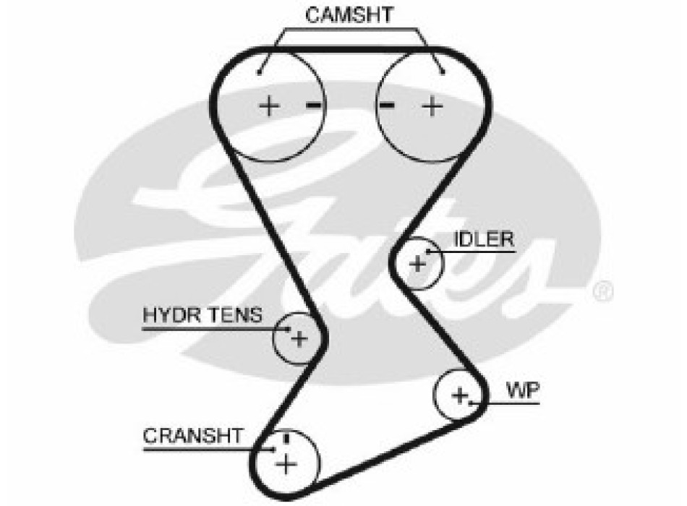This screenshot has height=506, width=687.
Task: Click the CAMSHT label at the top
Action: [349, 15]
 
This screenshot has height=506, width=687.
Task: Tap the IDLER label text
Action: [484, 239]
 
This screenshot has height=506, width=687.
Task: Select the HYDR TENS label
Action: [202, 315]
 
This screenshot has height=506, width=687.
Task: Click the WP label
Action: [522, 390]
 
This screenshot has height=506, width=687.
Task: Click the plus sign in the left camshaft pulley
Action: [269, 107]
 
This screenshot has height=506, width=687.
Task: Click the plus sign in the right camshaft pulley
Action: [432, 107]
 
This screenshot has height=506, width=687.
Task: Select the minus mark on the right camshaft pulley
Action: [387, 106]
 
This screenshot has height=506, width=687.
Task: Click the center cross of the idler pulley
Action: [417, 264]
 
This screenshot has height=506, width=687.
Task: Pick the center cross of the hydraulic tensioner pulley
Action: [299, 338]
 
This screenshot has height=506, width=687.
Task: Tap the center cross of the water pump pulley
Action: [460, 395]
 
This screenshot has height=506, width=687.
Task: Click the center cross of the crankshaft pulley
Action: [287, 463]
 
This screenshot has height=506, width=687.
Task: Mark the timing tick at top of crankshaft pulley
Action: [287, 436]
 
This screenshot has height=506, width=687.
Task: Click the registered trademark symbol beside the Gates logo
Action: [602, 291]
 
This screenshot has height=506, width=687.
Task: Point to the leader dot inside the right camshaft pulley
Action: [442, 71]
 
